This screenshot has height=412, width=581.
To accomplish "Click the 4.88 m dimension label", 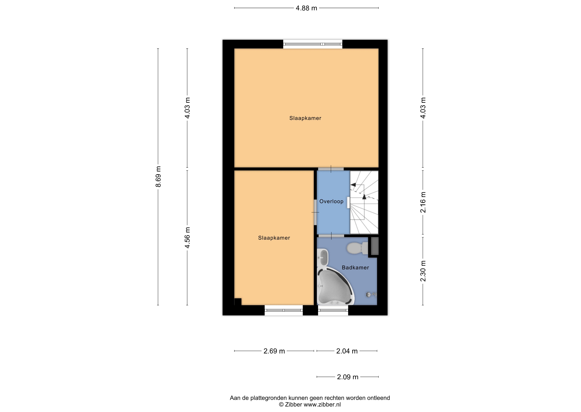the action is tap(306, 8).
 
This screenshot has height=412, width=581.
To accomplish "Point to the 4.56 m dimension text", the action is tap(187, 238).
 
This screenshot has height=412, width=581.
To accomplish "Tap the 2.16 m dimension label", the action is tap(423, 202).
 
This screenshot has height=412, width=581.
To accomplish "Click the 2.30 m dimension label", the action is tap(423, 271).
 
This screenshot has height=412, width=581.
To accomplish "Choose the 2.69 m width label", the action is tap(274, 351).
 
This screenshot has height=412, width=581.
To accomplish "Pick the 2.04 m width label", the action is tap(347, 351).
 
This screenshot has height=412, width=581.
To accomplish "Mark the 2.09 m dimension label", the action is tap(348, 377).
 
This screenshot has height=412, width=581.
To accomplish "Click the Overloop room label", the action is tap(331, 201).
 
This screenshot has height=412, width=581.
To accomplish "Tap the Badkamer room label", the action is tap(355, 268).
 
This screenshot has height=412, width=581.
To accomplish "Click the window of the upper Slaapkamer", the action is tap(313, 44).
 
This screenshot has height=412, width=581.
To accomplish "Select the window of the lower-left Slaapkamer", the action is tap(284, 310).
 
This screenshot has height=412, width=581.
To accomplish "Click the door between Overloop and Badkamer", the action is tap(331, 236).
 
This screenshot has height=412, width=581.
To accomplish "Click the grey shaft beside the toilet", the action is tap(375, 246).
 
